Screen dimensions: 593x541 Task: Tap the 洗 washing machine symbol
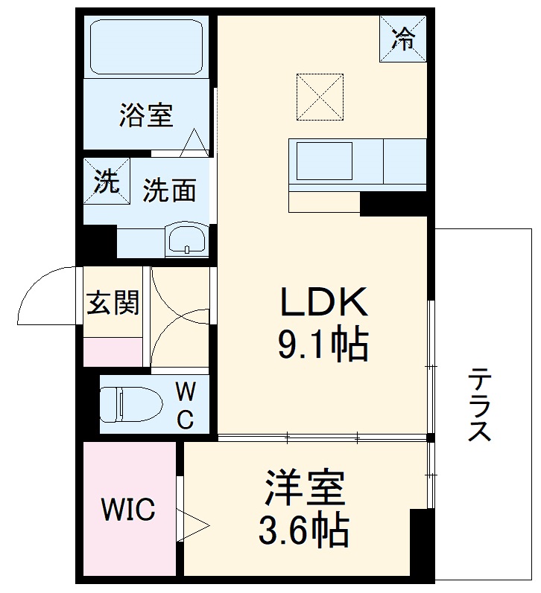click(x=107, y=182)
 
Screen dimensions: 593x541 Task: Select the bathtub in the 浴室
click(x=146, y=47)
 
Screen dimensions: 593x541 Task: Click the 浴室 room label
click(x=146, y=115)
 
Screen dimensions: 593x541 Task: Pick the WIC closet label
click(x=128, y=510)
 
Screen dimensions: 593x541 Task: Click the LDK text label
click(x=323, y=303)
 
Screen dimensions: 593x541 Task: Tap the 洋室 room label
click(x=303, y=487)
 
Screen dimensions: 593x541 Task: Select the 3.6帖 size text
click(x=303, y=531)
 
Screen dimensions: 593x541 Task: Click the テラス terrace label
click(x=478, y=406)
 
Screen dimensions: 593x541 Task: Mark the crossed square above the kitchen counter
click(x=320, y=96)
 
